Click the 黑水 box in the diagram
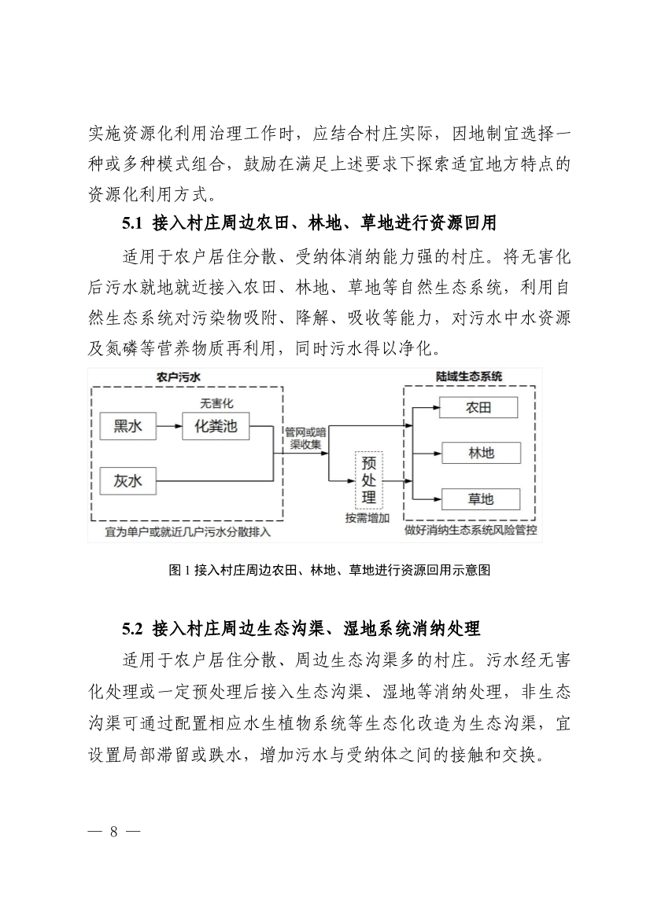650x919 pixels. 128,427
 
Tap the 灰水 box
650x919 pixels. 128,480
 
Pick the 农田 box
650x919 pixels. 478,407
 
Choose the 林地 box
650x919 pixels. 478,453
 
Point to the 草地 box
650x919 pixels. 478,498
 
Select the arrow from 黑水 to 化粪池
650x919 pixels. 170,427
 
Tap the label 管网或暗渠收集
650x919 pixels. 305,437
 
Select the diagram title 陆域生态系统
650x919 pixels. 469,377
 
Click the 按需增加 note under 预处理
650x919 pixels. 367,517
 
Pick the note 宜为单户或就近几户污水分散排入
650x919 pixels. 187,532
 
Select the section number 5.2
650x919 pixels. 131,629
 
